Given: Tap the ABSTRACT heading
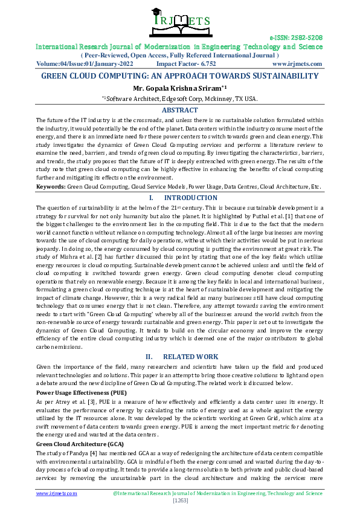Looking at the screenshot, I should (x=179, y=110).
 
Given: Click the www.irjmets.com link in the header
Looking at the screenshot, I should (x=297, y=63).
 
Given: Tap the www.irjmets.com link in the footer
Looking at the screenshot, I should (x=57, y=493).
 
